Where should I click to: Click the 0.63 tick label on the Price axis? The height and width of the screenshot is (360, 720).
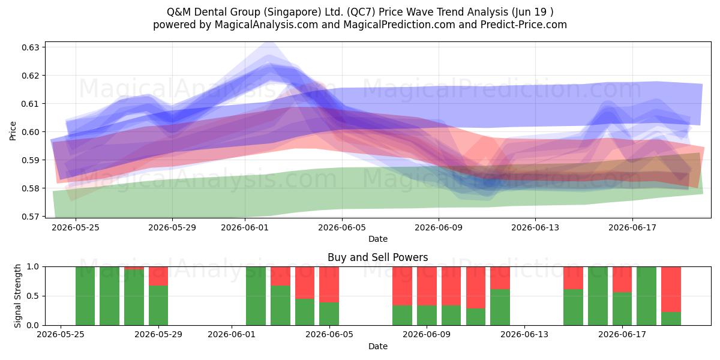(30, 47)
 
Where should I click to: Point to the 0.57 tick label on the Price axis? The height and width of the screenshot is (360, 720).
(30, 217)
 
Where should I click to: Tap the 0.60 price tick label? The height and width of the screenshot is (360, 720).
(30, 132)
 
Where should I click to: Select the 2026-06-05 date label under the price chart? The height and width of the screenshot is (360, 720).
(342, 227)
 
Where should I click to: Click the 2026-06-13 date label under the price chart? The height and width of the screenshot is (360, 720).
(535, 227)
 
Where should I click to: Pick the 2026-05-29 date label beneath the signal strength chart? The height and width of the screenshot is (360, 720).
(158, 334)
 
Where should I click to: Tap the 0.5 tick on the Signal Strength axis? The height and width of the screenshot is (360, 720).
(33, 296)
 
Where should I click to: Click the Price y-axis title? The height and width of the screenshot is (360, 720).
(13, 131)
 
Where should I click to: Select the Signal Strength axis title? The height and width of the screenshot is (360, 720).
(17, 296)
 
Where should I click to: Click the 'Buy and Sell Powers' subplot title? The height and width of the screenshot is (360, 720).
(377, 257)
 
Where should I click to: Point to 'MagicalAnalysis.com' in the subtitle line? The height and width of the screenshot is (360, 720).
(266, 25)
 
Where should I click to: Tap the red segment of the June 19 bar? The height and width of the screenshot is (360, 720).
(671, 289)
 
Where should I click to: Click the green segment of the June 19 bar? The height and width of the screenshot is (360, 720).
(671, 319)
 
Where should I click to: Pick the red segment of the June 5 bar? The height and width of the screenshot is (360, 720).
(329, 284)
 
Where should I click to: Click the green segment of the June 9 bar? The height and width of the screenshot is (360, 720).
(427, 316)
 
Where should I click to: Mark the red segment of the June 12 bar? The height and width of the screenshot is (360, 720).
(500, 278)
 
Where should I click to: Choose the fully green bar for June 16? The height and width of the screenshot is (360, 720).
(598, 296)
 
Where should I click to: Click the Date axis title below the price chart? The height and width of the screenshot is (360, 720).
(377, 239)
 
